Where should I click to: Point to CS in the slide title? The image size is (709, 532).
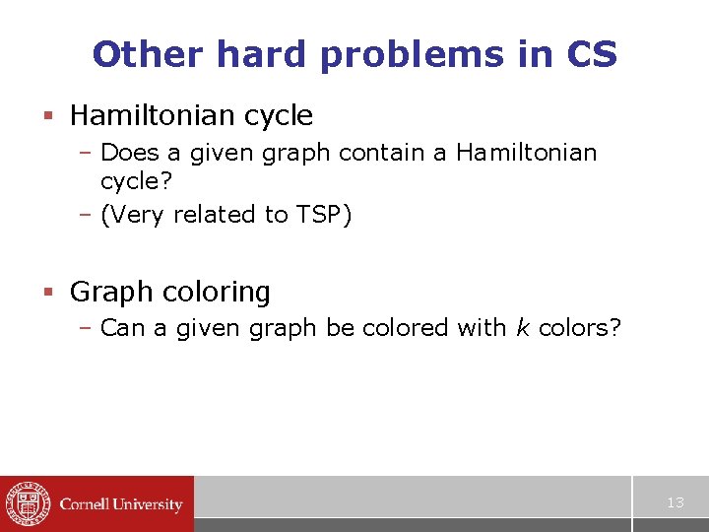(592, 54)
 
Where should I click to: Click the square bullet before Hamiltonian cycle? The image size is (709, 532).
(47, 116)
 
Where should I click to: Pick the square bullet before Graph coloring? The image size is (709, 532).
(47, 293)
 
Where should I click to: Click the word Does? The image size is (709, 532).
(128, 153)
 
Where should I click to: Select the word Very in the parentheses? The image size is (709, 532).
(139, 215)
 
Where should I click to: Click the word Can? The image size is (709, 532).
(122, 328)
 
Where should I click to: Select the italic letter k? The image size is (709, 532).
(521, 328)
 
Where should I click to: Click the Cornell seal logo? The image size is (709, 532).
(27, 503)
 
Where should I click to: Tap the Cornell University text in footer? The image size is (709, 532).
(121, 504)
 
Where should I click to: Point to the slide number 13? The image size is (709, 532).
(675, 502)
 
